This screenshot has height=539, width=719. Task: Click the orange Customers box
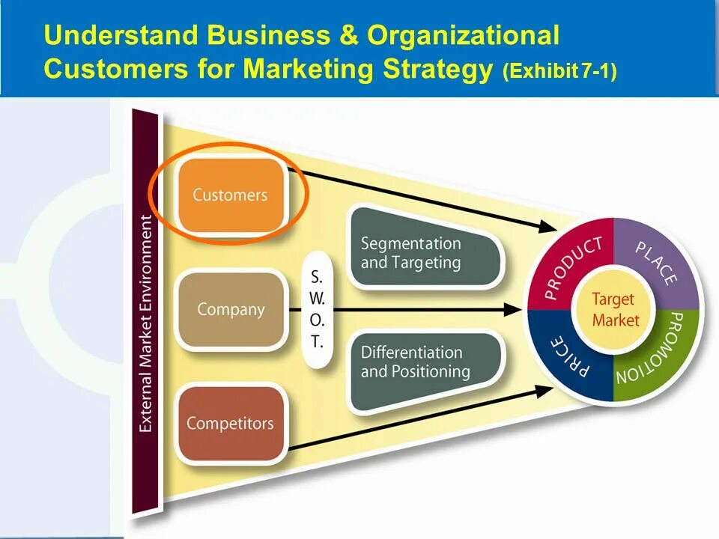pos(230,195)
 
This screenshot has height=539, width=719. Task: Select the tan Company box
pos(231,309)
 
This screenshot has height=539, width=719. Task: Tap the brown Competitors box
pos(230,423)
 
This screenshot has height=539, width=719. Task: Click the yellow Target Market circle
pos(613,309)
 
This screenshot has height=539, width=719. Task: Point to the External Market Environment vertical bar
pos(145,314)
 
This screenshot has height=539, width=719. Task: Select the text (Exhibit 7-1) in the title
pos(560,72)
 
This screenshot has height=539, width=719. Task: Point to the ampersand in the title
pos(347,35)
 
